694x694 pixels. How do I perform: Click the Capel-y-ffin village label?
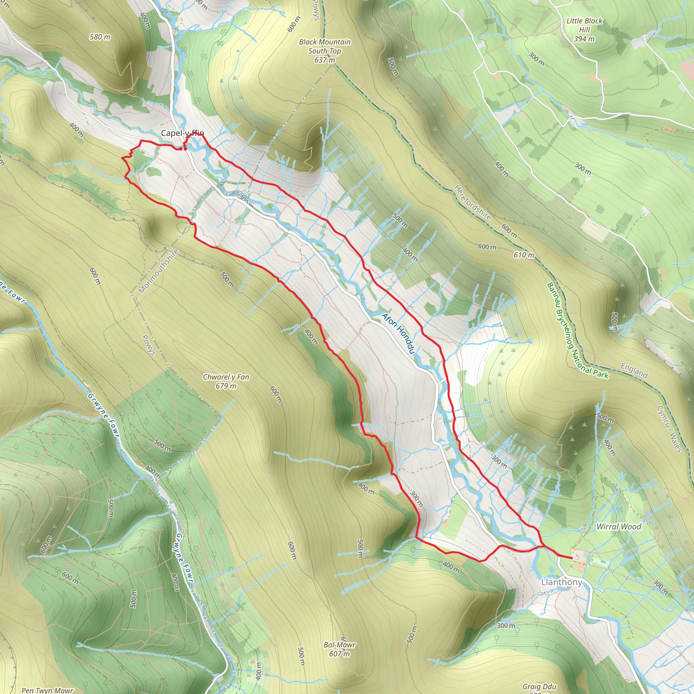pos(182,133)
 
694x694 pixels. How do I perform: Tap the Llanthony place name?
pos(562,582)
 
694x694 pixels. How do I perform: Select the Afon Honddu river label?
pos(399,333)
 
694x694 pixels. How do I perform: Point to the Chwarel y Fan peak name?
pos(226,377)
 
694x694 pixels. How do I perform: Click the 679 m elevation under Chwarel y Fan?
pos(226,386)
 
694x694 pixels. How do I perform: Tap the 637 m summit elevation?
pos(325,60)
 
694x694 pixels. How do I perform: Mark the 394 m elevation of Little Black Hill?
pos(584,39)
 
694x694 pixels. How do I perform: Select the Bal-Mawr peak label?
pos(340,645)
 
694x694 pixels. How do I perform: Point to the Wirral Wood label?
pos(618,527)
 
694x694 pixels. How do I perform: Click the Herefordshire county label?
pos(472,202)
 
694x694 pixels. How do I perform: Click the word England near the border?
pos(634,371)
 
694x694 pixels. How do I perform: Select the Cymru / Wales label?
pos(669,429)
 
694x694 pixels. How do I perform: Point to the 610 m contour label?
pos(524,255)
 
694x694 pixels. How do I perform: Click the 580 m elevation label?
pos(100,37)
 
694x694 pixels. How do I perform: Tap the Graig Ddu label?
pos(539,687)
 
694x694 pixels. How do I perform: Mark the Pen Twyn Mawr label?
pos(47,690)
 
